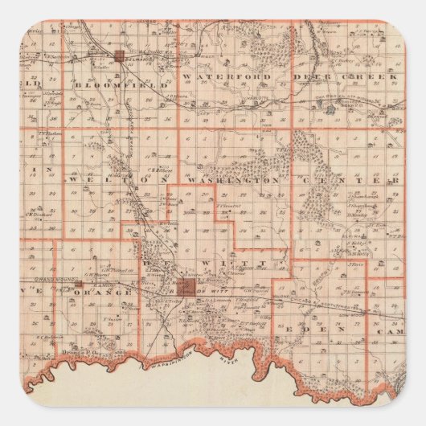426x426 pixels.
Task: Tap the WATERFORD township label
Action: pos(218,76)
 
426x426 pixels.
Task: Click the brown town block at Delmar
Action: pos(120,56)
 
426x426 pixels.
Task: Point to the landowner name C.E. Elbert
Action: pos(164,170)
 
